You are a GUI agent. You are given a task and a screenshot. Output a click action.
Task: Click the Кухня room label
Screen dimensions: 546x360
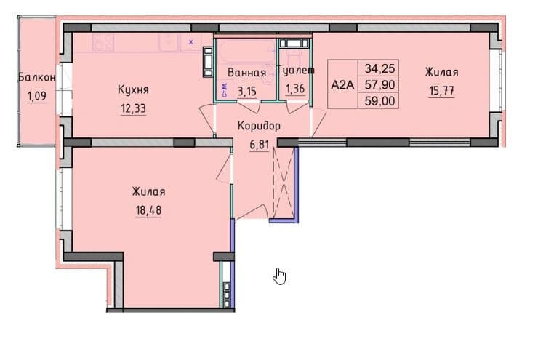coord(133,90)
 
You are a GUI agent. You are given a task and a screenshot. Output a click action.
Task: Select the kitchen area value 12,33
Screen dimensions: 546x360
coord(133,108)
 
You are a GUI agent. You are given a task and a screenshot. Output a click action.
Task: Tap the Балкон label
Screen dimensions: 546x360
coord(36,77)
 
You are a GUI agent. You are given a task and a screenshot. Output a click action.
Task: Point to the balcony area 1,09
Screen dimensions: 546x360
coord(37,96)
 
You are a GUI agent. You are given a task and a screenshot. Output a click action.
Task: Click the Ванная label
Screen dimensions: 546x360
coord(247,73)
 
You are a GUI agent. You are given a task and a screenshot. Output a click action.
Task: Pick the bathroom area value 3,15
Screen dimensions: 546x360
coord(247,91)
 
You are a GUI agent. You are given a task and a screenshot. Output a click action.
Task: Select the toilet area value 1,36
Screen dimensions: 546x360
coord(295,89)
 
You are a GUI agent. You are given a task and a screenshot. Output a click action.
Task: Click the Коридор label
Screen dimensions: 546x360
coord(259,126)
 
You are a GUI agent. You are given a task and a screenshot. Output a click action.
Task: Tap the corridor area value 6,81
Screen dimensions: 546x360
coord(260,145)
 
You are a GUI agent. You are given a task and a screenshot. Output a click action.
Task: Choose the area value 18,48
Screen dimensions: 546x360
coord(149,210)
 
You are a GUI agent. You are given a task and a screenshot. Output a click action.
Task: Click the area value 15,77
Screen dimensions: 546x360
coord(441,91)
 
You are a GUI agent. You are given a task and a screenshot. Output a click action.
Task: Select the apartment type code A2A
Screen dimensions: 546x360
coord(342,84)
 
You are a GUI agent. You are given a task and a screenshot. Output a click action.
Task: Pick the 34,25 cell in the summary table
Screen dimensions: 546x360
coord(380,68)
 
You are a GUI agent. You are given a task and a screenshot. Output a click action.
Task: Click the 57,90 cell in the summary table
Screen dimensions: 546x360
coord(380,84)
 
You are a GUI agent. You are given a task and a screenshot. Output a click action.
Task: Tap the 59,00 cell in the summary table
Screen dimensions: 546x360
coord(380,101)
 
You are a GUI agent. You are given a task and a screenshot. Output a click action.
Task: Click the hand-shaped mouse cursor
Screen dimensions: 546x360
coord(279,276)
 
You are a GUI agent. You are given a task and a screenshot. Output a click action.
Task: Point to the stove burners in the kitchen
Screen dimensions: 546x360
coord(103,43)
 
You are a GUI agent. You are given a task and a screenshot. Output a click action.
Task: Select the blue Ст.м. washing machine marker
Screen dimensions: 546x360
coord(225,89)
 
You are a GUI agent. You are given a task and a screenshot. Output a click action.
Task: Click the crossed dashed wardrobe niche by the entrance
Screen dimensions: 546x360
coord(284,182)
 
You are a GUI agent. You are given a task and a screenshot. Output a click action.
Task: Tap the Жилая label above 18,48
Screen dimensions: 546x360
coord(149,192)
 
